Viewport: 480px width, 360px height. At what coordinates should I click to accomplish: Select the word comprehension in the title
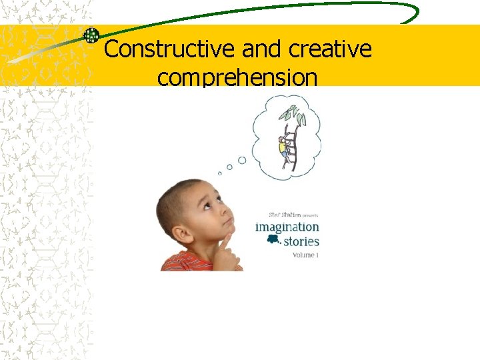pyautogui.click(x=237, y=78)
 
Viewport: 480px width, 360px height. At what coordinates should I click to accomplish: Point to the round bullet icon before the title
pyautogui.click(x=91, y=35)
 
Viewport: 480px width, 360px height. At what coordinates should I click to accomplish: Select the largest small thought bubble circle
pyautogui.click(x=242, y=160)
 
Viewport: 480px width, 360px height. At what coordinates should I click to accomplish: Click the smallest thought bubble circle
pyautogui.click(x=220, y=173)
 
